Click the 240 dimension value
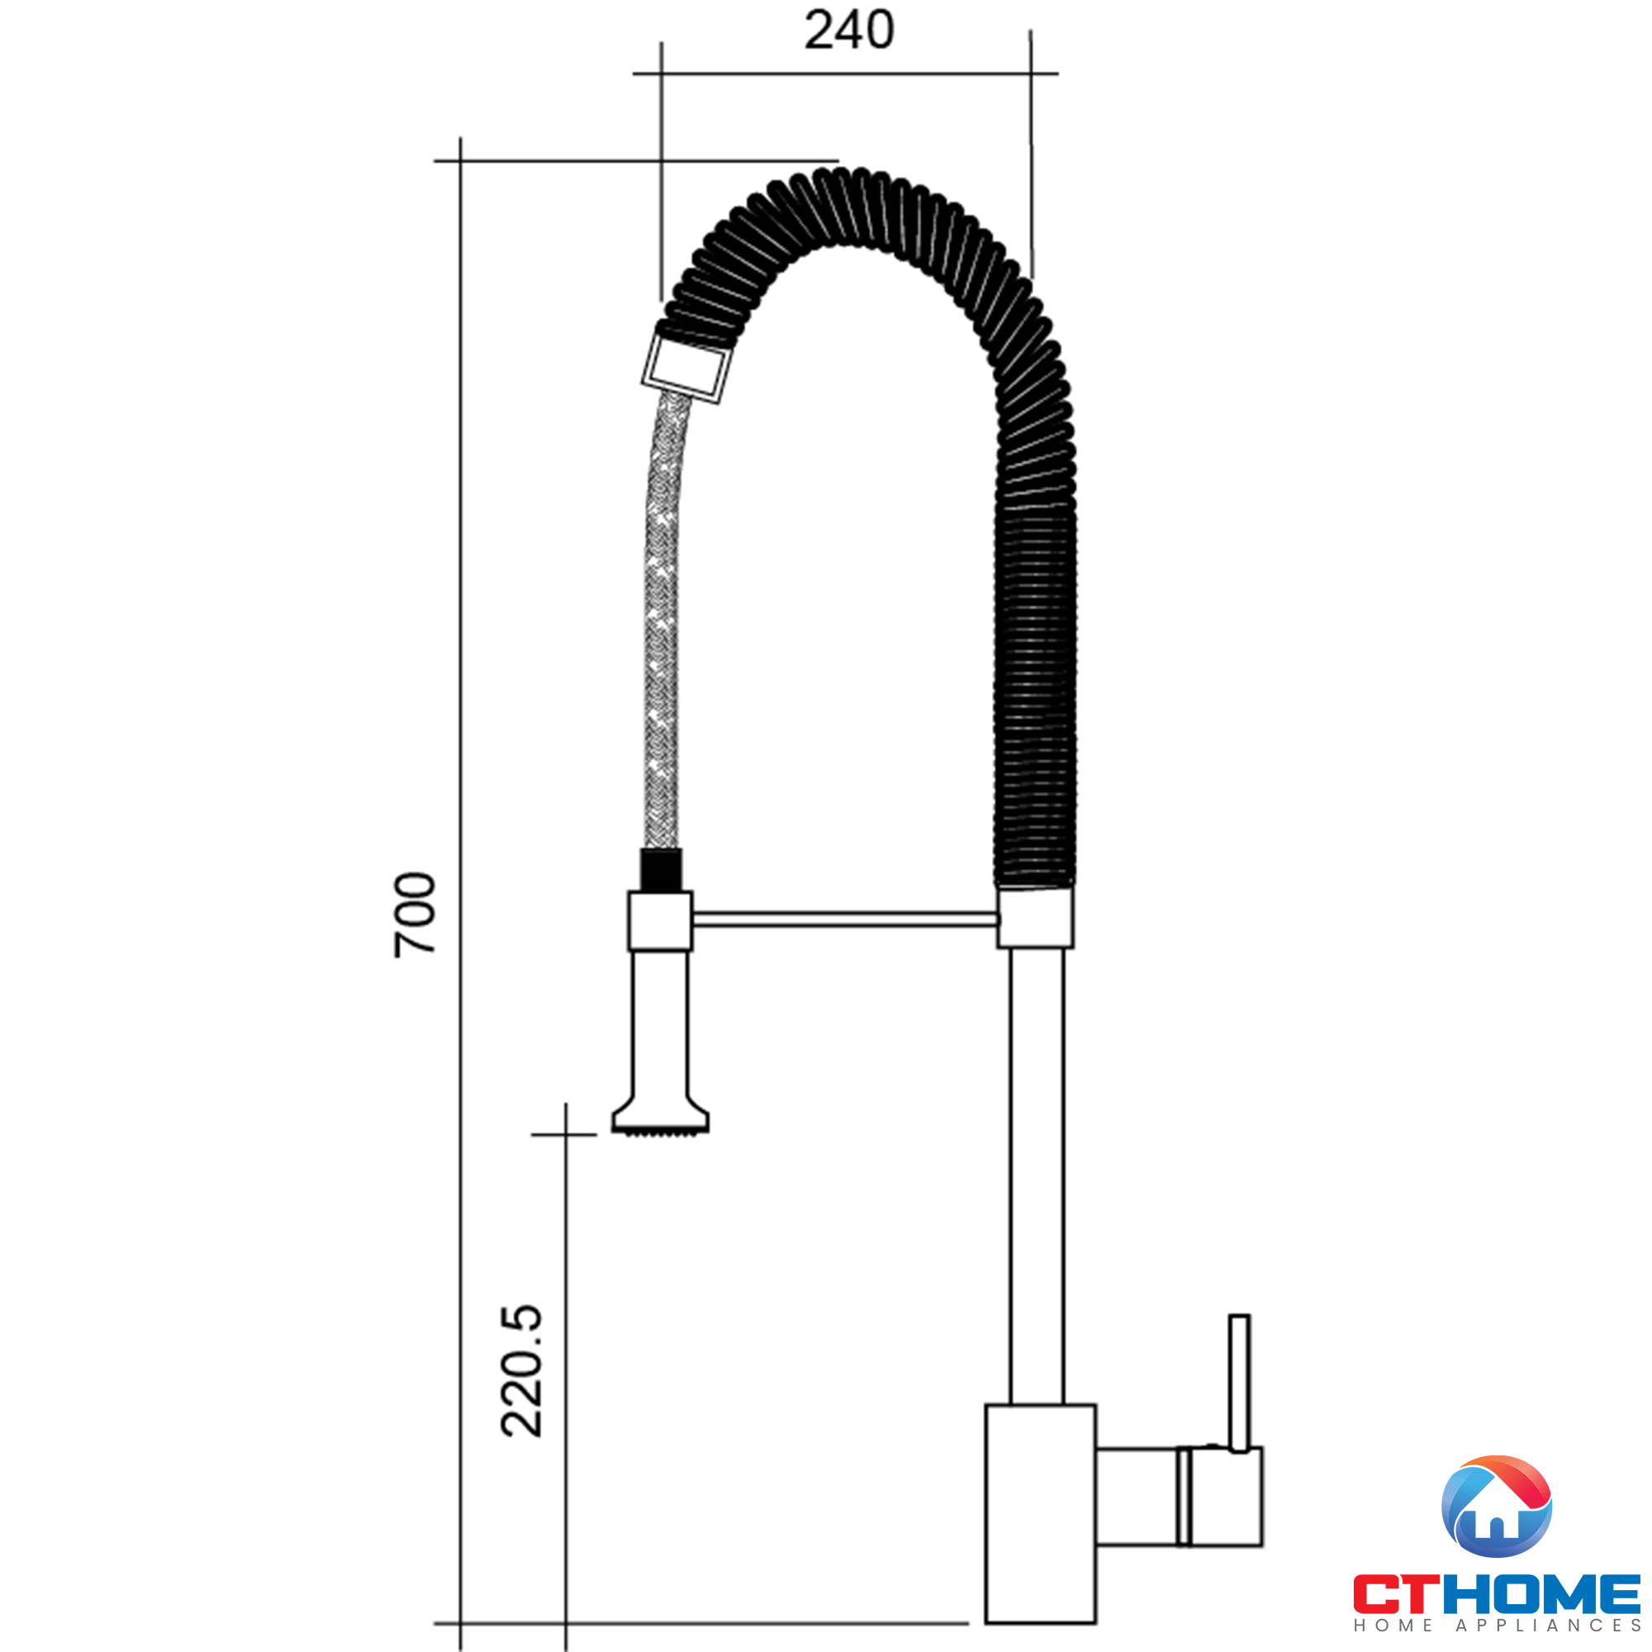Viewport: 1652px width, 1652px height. pyautogui.click(x=849, y=30)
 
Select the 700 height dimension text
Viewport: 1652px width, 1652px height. pyautogui.click(x=415, y=915)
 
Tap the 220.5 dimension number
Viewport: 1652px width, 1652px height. pyautogui.click(x=521, y=1370)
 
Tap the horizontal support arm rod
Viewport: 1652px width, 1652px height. pyautogui.click(x=846, y=919)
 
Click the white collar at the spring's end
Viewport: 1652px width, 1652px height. pyautogui.click(x=687, y=368)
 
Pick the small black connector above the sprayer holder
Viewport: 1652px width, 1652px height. pyautogui.click(x=661, y=870)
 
